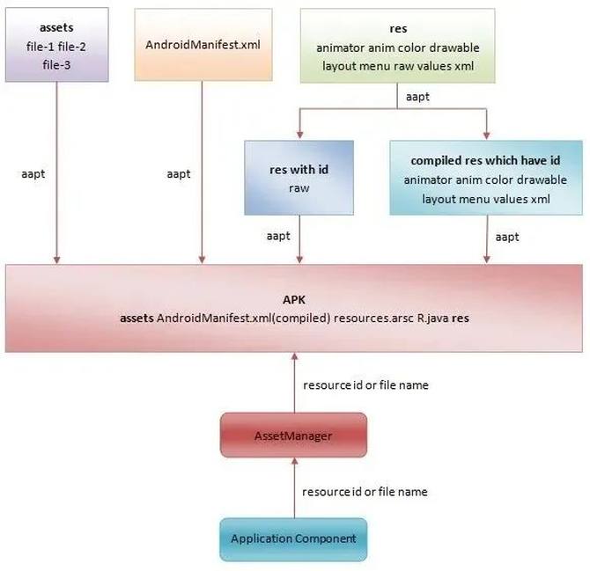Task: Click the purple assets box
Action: click(x=56, y=44)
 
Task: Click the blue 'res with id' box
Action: click(x=299, y=177)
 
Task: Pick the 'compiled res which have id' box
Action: click(x=485, y=177)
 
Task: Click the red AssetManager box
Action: click(x=292, y=436)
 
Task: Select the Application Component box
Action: click(x=292, y=538)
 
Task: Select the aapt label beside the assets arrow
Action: click(x=33, y=174)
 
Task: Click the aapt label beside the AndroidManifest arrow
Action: click(x=179, y=174)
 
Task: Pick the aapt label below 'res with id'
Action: click(x=278, y=237)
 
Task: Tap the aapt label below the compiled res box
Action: click(x=507, y=237)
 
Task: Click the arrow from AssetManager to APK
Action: click(x=292, y=384)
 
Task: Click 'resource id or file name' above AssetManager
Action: click(x=365, y=385)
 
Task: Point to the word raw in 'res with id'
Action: click(x=299, y=188)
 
